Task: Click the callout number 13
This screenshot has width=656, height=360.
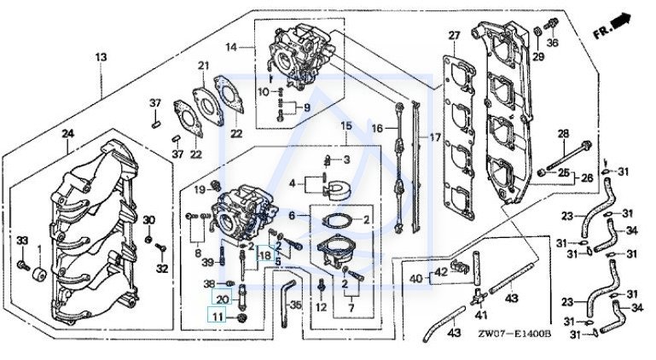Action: coord(102,56)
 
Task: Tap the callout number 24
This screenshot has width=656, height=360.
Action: coord(68,133)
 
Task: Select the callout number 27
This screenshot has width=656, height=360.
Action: coord(455,35)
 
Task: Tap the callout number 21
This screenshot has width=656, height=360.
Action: coord(203,67)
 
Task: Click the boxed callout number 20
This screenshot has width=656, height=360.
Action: coord(222,299)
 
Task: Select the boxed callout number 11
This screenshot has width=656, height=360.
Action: coord(218,317)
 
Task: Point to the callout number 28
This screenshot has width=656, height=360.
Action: coord(563,133)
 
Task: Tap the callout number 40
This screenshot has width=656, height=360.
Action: coord(416,278)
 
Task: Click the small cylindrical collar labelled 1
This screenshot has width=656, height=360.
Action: coord(38,279)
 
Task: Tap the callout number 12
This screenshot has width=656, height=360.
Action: coord(321,306)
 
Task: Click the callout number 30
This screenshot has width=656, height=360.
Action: coord(148,221)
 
